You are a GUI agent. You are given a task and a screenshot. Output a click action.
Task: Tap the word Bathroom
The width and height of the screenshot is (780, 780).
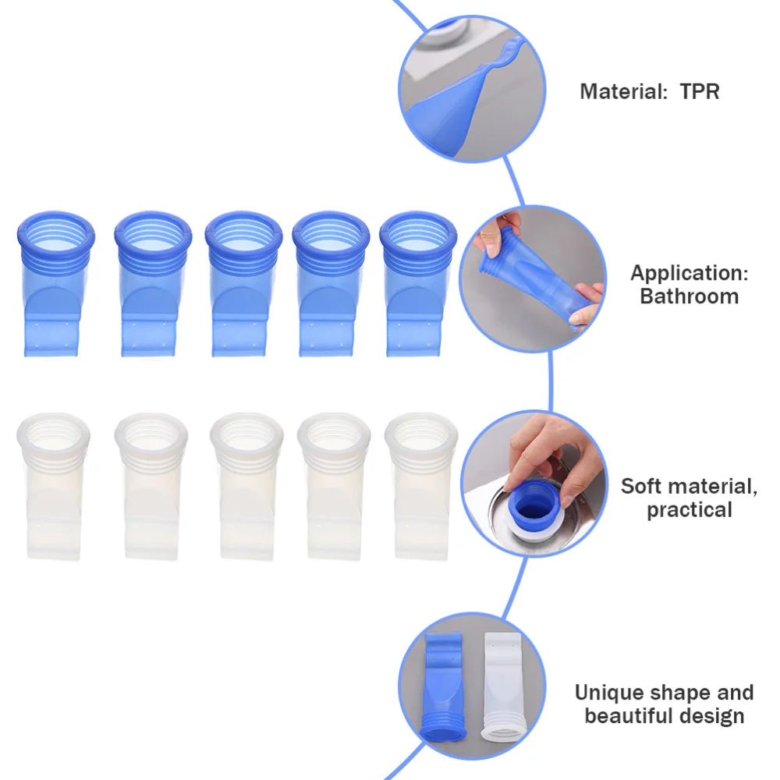click(689, 296)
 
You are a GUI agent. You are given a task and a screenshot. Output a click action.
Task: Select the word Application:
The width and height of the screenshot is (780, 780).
click(689, 274)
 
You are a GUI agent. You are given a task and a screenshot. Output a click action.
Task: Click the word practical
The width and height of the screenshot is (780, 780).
click(689, 510)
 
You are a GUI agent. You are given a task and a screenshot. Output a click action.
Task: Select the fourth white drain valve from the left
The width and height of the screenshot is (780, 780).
click(334, 484)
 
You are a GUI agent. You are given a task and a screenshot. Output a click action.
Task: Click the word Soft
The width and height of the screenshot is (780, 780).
click(643, 487)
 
